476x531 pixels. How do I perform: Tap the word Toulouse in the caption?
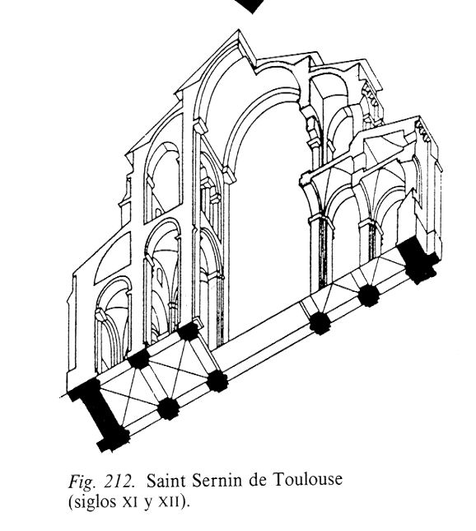(307, 480)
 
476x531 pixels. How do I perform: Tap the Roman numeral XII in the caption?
(173, 503)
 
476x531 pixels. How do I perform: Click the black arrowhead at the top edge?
(251, 6)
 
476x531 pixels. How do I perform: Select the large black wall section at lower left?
(99, 415)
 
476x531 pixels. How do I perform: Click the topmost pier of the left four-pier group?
(189, 331)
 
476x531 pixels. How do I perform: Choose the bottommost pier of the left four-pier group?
(168, 408)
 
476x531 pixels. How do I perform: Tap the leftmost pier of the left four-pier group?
(138, 359)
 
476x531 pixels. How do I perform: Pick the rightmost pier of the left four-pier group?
(217, 381)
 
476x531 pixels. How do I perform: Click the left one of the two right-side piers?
(320, 323)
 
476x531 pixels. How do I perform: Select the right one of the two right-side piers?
(368, 296)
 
